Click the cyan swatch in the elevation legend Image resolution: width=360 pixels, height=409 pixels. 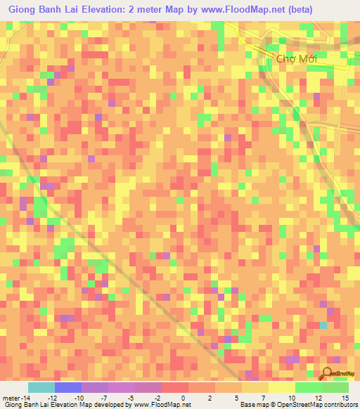click(41, 387)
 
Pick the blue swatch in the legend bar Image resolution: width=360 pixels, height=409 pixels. click(68, 387)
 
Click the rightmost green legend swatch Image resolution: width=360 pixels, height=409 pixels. click(335, 387)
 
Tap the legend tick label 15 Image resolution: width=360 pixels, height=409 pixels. click(344, 398)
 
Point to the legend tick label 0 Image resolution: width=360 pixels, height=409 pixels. click(183, 398)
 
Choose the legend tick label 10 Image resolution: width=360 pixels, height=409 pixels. click(291, 398)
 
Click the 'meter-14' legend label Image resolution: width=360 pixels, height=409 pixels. click(16, 398)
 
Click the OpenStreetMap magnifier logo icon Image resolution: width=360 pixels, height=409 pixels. click(328, 372)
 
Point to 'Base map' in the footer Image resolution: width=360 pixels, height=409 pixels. click(250, 405)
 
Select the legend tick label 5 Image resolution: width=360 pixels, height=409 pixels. click(238, 398)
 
